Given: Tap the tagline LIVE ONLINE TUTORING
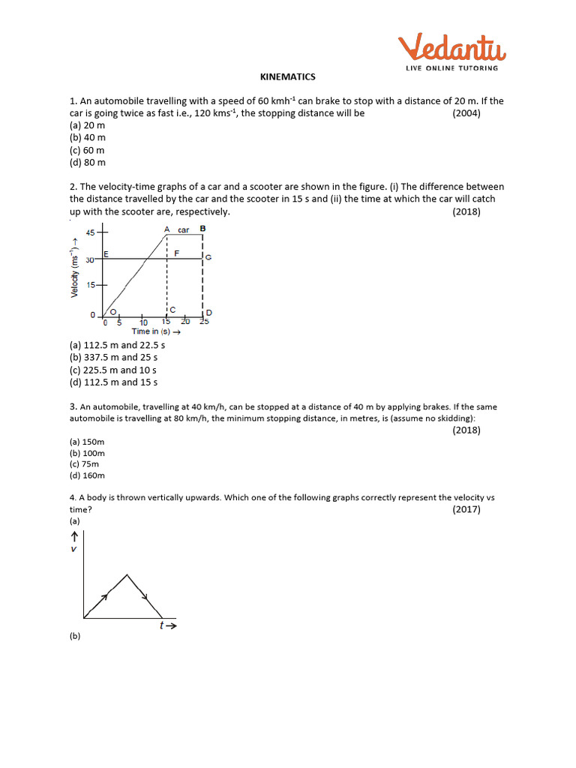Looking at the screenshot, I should pyautogui.click(x=452, y=68).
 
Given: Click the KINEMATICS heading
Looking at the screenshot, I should pyautogui.click(x=287, y=77).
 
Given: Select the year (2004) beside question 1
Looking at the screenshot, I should pyautogui.click(x=466, y=113).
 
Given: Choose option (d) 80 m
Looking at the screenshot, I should pyautogui.click(x=88, y=162).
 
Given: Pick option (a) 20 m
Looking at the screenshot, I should pyautogui.click(x=87, y=125).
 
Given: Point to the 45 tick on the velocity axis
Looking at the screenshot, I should pyautogui.click(x=90, y=232).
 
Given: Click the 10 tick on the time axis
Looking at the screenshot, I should pyautogui.click(x=143, y=322).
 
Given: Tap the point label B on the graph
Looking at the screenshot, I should pyautogui.click(x=203, y=228).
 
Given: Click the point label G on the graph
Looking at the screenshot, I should pyautogui.click(x=208, y=257).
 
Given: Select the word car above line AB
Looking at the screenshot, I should pyautogui.click(x=183, y=230).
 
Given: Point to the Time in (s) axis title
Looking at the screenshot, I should pyautogui.click(x=156, y=331).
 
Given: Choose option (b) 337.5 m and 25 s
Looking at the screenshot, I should pyautogui.click(x=113, y=357).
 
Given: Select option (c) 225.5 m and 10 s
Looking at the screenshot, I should pyautogui.click(x=113, y=370).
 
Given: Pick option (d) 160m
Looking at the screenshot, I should pyautogui.click(x=87, y=475).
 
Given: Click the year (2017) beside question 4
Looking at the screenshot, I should pyautogui.click(x=466, y=509).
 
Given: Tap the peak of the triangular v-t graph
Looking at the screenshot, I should pyautogui.click(x=128, y=575).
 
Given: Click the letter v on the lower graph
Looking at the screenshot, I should pyautogui.click(x=73, y=549).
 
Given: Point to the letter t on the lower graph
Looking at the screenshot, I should pyautogui.click(x=161, y=625).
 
